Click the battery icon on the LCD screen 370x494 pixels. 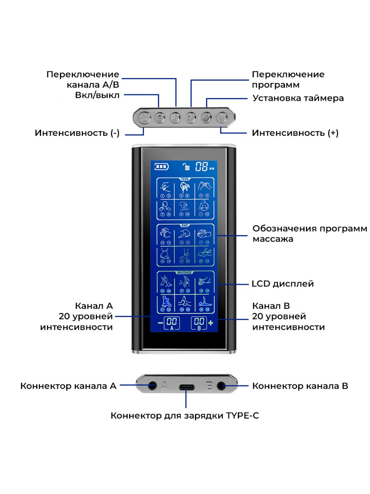162,167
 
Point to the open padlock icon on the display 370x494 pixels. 187,167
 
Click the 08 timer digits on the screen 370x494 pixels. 201,167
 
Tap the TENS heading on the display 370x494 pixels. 185,179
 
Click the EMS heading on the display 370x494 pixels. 185,226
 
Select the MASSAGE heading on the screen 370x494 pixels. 185,273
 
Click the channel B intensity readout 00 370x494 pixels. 199,322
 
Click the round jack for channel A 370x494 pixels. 152,386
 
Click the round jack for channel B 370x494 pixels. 222,386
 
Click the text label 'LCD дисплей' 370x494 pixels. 282,284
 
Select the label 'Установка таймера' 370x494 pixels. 298,98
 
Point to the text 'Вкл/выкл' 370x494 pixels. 97,96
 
